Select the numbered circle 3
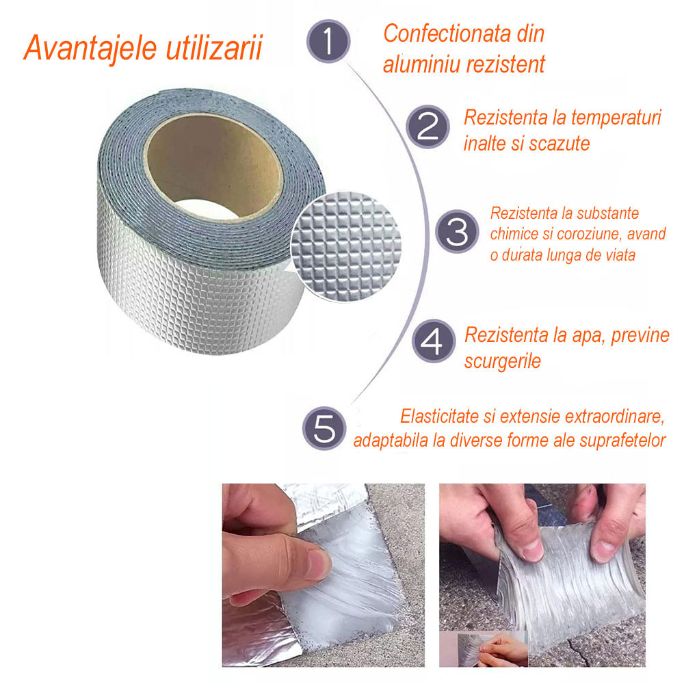[x=457, y=232]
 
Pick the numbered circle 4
[x=434, y=340]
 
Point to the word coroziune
[x=592, y=234]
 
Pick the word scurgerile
[x=503, y=361]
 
